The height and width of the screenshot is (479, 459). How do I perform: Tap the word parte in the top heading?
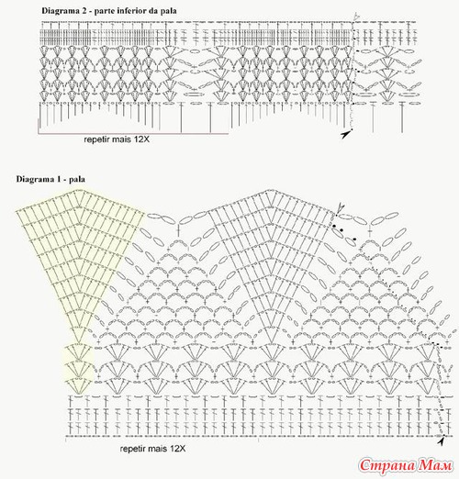(103, 11)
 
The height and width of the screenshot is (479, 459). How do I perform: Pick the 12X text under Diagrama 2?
(141, 139)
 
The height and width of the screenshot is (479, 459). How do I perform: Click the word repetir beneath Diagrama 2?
(95, 139)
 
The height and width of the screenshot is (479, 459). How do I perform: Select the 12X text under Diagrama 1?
(177, 449)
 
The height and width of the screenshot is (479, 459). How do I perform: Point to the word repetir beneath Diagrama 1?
(131, 449)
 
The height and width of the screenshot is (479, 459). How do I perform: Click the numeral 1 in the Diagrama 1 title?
(57, 179)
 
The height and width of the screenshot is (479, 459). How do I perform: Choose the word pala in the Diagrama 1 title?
(77, 180)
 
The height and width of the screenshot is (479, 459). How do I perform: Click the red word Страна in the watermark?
(387, 465)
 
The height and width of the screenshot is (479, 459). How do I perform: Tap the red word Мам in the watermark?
(435, 465)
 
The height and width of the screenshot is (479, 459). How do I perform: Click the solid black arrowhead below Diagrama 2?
(345, 134)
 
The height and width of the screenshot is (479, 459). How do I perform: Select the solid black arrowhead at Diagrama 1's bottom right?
(441, 441)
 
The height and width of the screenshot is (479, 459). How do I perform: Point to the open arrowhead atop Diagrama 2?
(356, 17)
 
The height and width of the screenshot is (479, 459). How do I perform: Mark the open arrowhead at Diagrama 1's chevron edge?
(340, 208)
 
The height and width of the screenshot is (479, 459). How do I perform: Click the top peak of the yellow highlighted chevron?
(75, 190)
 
